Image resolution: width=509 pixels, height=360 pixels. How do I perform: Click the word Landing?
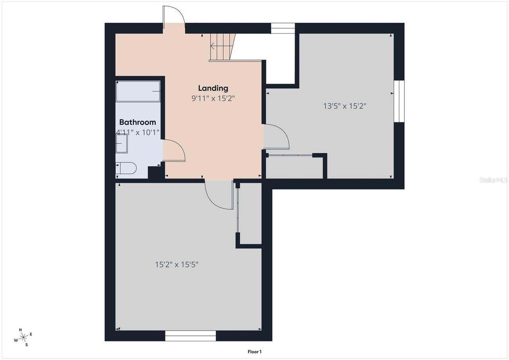coord(213,88)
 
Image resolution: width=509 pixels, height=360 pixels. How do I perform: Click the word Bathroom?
coord(138,122)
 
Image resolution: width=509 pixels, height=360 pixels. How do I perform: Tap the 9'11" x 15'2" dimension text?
coord(213,98)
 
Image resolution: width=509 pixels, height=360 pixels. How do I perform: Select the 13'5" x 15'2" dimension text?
coord(345,106)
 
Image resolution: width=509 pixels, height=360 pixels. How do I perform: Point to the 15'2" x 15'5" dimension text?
coord(177,265)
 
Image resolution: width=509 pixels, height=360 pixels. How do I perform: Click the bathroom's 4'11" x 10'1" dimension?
coord(138,132)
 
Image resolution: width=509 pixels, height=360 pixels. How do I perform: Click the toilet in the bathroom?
coord(126,168)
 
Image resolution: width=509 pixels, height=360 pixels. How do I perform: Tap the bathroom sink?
coord(122,144)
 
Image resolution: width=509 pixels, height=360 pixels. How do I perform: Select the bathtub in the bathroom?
coord(138,91)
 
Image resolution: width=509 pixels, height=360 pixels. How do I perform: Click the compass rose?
coord(23,337)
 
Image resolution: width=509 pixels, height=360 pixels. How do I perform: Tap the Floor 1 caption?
coord(254,352)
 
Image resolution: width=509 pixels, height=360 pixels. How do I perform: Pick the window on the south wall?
coord(190,336)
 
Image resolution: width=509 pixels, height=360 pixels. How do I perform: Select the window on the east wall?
coord(399,101)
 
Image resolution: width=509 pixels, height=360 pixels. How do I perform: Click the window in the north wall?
coord(283,28)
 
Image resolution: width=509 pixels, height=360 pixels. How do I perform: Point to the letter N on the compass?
coord(20,330)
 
